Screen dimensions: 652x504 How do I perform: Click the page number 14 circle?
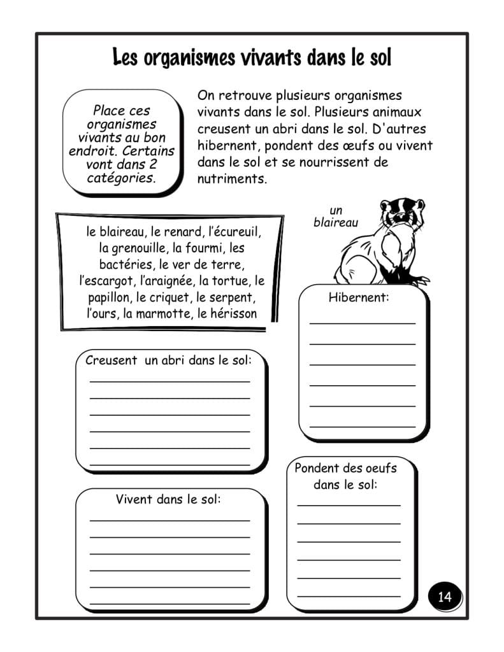click(445, 597)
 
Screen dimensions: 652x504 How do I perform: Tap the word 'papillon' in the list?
click(110, 297)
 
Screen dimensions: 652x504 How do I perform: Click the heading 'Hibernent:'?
click(359, 297)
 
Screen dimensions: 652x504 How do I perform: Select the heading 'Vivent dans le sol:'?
click(168, 499)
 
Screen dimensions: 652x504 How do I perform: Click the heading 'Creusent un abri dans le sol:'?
click(168, 360)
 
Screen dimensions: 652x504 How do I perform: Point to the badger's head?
click(401, 213)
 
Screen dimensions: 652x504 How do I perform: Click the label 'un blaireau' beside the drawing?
click(336, 216)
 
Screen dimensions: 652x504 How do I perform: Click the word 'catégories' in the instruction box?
click(120, 177)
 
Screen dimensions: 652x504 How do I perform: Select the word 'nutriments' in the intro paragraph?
click(231, 179)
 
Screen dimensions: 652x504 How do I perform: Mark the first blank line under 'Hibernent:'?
click(362, 323)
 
